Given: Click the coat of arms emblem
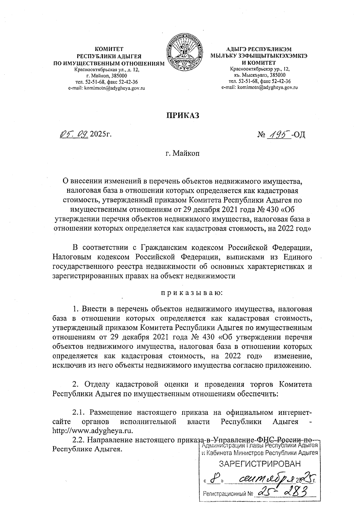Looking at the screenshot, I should coord(184,54).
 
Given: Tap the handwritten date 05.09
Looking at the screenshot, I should coord(74,135).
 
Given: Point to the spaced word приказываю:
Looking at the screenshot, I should coord(191,292).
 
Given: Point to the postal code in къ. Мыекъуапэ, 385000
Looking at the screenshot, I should coord(277,75).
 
